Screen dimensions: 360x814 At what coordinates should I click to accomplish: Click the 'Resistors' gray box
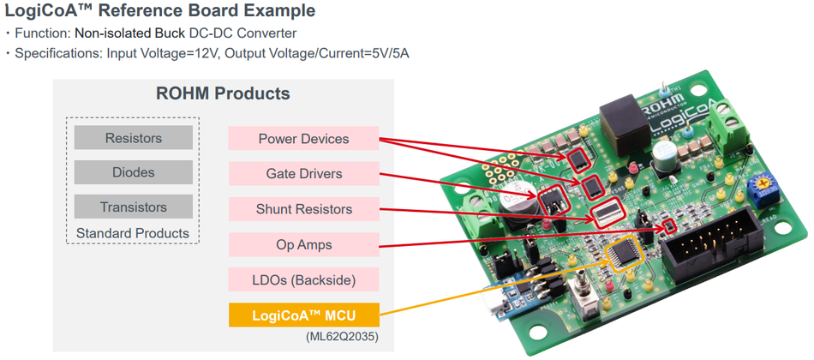[x=133, y=138]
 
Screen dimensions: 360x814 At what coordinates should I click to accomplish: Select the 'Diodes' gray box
[x=133, y=172]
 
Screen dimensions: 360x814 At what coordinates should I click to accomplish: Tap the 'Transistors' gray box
[x=133, y=207]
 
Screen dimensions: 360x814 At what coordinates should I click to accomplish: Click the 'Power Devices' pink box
[x=303, y=139]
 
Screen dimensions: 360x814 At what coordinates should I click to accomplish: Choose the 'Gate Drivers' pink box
[x=303, y=174]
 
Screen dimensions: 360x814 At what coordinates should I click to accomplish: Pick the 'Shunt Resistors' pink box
[x=303, y=209]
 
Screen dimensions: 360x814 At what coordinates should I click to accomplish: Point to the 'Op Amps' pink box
[x=303, y=244]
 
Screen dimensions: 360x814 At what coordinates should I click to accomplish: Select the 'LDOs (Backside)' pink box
[x=303, y=279]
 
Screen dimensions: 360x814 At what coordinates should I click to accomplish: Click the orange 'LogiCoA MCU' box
[x=303, y=315]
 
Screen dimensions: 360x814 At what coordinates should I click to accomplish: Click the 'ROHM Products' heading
[x=223, y=93]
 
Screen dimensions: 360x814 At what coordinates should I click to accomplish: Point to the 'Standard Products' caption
[x=133, y=232]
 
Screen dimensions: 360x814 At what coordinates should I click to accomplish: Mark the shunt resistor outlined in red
[x=608, y=212]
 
